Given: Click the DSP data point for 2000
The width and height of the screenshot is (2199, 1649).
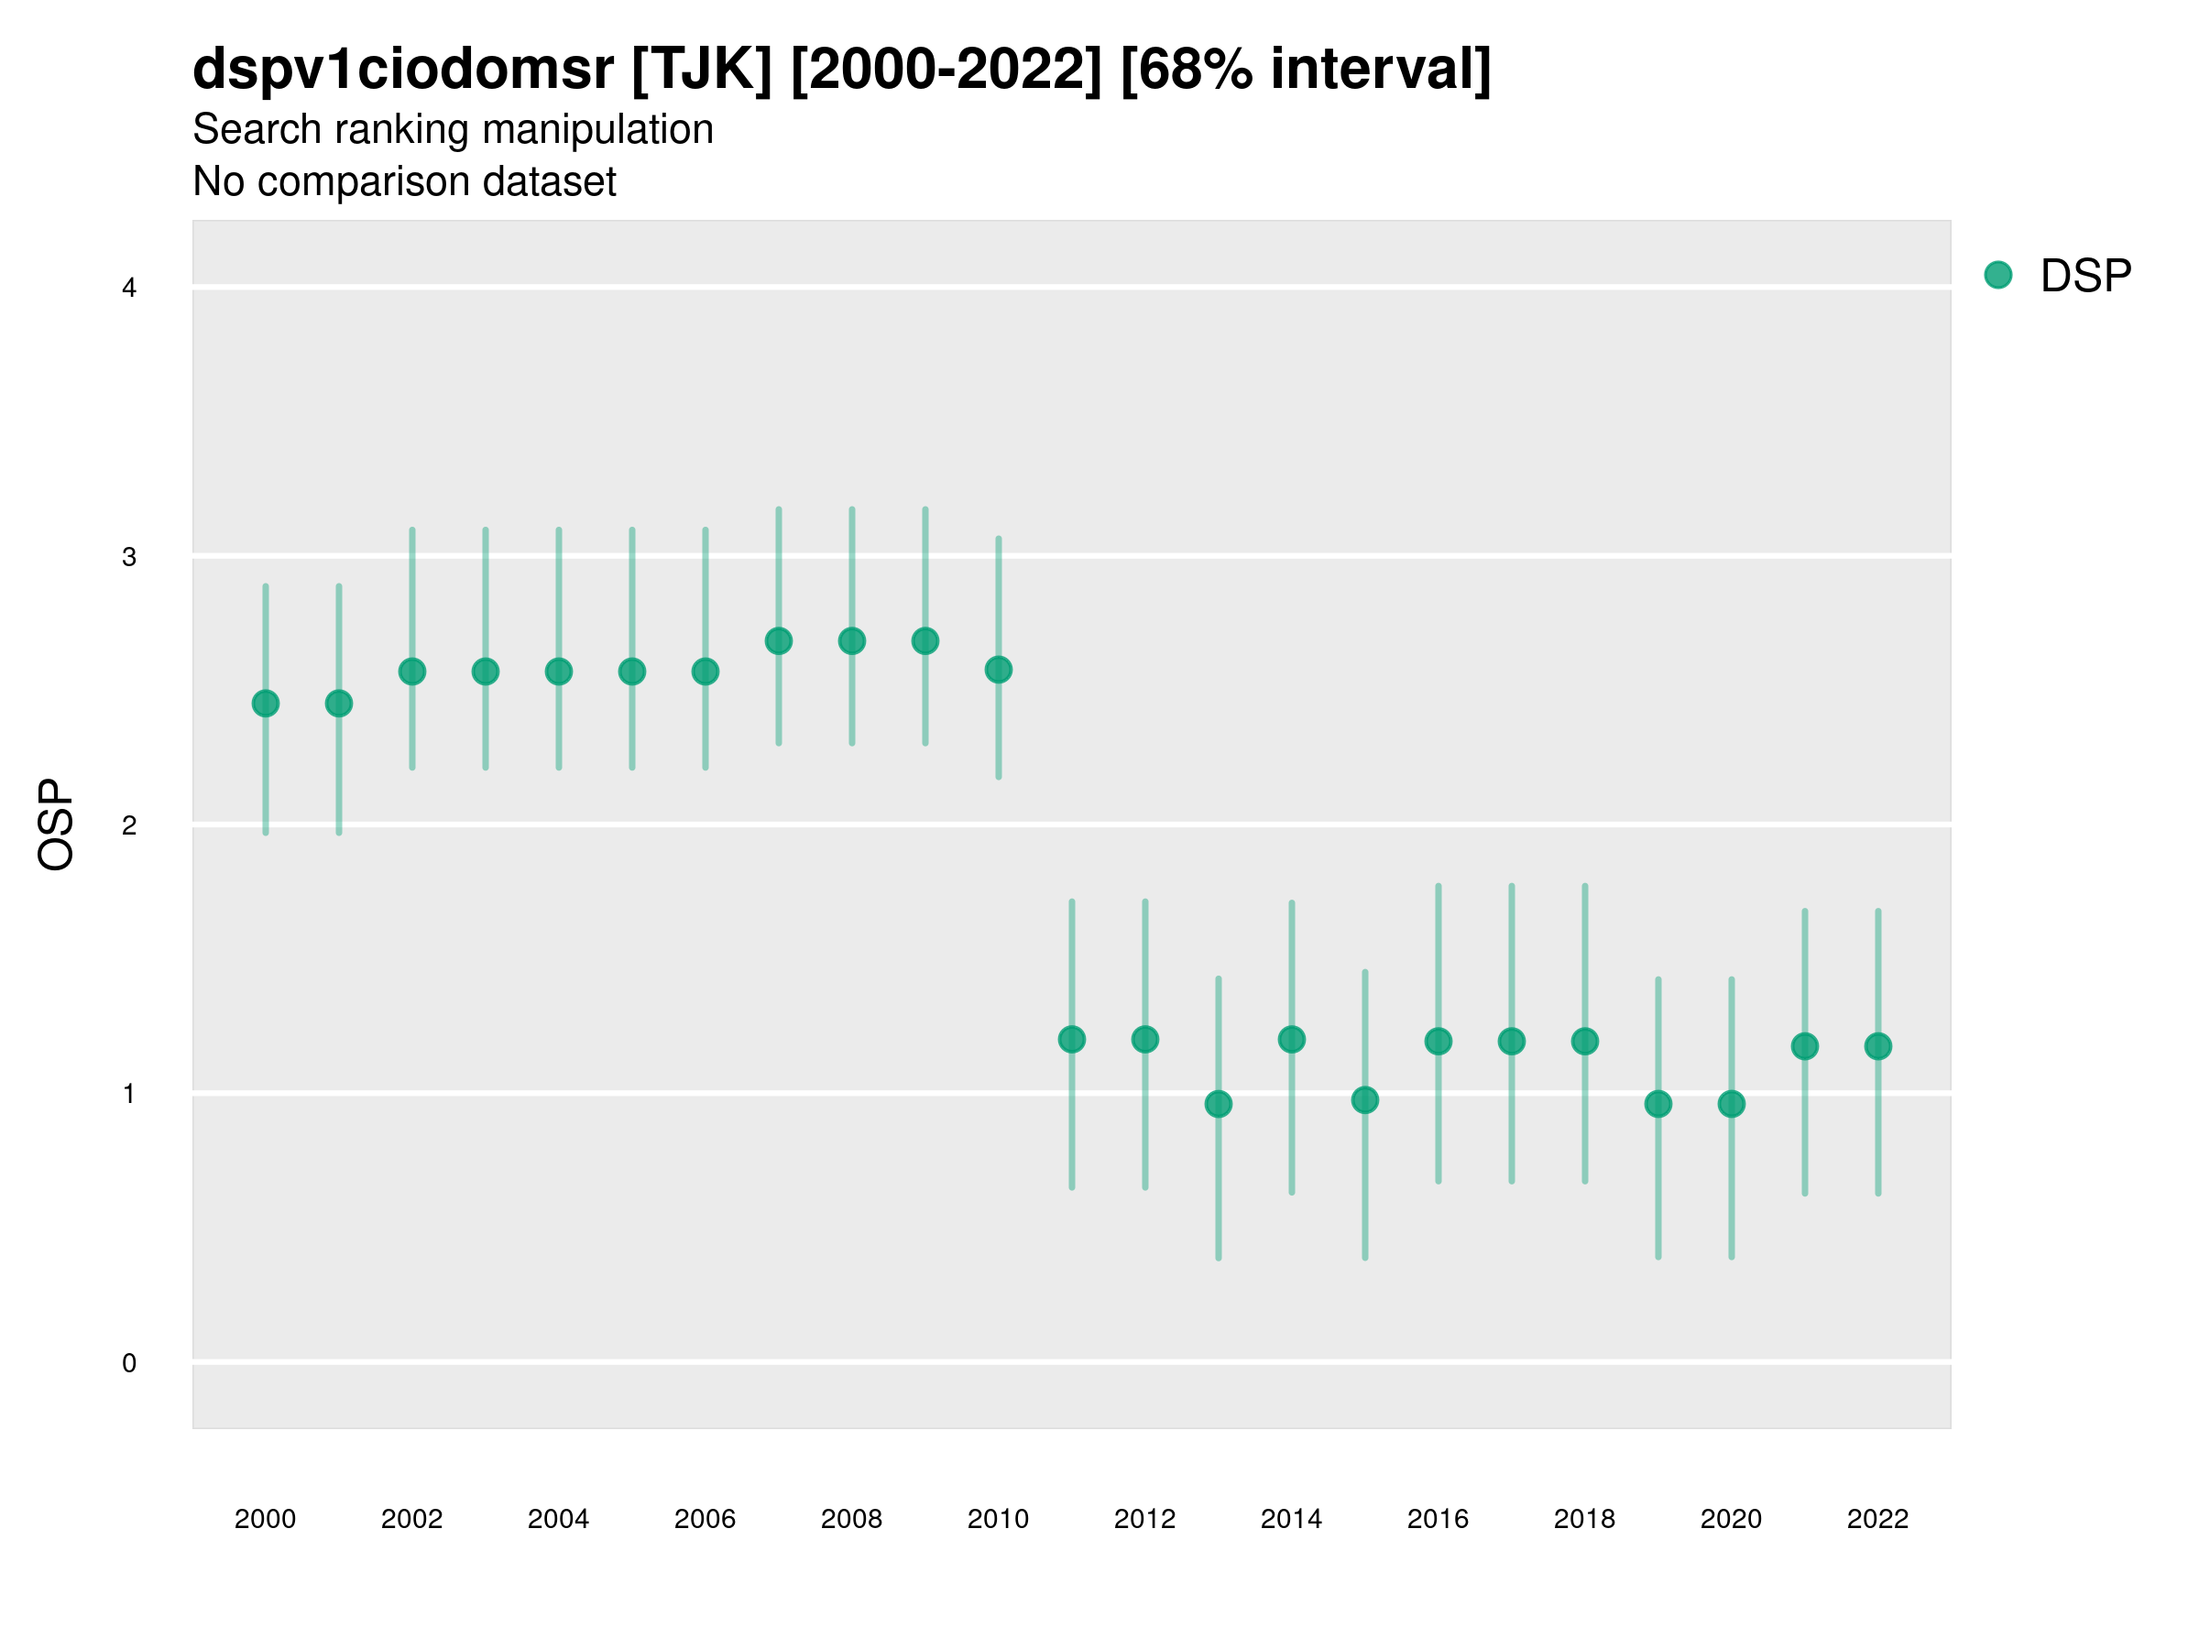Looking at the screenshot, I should pos(266,704).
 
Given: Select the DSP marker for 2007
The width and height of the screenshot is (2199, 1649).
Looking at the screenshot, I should pos(779,641).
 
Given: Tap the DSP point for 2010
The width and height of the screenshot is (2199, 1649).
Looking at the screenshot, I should pos(998,670).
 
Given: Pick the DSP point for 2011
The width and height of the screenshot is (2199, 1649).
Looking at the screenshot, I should pos(1072,1040).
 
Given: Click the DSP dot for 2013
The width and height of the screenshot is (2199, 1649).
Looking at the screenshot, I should pos(1218,1104).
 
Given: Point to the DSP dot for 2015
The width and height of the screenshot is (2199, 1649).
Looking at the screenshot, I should pos(1365,1100).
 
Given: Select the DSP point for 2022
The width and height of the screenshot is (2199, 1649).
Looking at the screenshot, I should pos(1878,1046).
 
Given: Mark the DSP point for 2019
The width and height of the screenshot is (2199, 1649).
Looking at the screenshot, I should pos(1658,1104).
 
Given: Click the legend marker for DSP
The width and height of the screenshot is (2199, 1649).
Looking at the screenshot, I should pos(1997,276).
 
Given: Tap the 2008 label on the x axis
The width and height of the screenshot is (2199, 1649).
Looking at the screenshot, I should pos(851,1519).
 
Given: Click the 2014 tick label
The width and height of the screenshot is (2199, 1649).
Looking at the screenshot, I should pos(1291,1519).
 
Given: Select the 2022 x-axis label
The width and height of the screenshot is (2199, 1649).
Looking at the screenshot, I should pos(1878,1519).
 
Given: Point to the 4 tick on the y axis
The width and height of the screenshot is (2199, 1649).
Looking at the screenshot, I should pos(129,289).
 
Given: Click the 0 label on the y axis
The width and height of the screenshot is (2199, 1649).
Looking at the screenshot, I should pos(129,1363).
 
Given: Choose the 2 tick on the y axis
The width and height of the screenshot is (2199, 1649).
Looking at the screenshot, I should pos(129,825).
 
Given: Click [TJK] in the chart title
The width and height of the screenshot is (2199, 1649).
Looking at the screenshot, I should pos(701,70).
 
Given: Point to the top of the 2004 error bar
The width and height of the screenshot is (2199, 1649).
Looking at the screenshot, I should pos(559,530).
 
